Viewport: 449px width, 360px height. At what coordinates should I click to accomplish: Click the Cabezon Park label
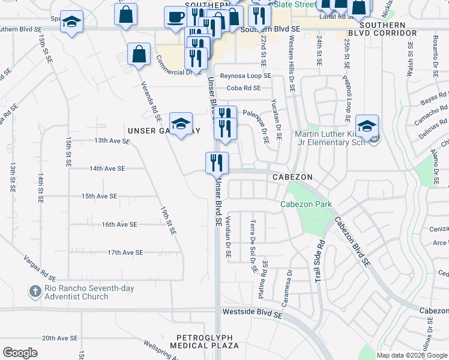point(306,204)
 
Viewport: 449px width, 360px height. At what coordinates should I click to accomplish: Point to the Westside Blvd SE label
point(252,313)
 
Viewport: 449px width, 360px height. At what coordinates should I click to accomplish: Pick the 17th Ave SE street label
point(125,253)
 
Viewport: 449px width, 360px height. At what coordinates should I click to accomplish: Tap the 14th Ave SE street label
point(107,169)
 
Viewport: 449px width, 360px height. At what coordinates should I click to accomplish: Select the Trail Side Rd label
point(319,261)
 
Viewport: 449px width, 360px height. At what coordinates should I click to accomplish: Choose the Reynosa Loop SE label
point(246,76)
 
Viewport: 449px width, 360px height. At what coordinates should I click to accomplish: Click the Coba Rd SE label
point(243,88)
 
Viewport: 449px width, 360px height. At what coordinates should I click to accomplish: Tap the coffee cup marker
point(175,18)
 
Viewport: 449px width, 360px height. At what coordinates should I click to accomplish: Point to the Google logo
point(20,353)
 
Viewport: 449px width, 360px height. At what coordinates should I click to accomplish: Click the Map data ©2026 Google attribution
point(412,355)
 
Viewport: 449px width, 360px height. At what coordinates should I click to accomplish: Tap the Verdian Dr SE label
point(229,238)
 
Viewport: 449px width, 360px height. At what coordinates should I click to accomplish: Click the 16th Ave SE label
point(119,224)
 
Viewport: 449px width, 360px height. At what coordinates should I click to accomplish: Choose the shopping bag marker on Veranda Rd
point(139,55)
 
